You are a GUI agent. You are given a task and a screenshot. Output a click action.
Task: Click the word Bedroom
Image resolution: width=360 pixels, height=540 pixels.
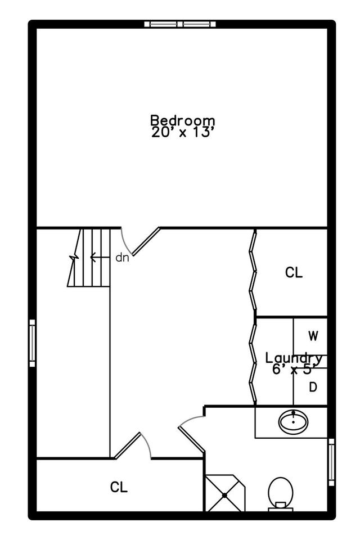click(x=183, y=120)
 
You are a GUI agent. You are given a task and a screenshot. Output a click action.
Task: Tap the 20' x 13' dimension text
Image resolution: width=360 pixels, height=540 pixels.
click(x=183, y=132)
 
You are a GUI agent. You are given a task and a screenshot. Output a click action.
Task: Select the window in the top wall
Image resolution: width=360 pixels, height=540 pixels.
click(x=180, y=24)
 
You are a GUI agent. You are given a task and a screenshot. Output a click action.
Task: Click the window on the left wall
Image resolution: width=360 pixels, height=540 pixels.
click(x=32, y=343)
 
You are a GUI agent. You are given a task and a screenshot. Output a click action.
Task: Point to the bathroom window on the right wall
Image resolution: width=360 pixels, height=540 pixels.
click(x=331, y=462)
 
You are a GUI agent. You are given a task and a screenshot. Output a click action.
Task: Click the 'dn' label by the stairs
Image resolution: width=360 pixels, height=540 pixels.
click(x=122, y=257)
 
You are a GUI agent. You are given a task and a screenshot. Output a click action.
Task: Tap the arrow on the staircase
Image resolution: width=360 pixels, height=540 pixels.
click(x=100, y=257)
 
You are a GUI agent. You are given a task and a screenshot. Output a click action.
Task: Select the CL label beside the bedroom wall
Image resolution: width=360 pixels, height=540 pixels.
click(x=294, y=273)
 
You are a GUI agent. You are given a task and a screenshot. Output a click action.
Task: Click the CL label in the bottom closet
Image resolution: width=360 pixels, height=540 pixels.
click(x=119, y=487)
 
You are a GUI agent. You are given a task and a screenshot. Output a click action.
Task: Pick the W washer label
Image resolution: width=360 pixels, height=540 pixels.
click(x=313, y=335)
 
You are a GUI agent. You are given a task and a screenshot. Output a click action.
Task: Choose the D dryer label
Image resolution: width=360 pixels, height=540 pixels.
click(x=313, y=388)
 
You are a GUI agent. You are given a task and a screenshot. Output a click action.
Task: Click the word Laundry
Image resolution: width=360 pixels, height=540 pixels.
click(x=294, y=358)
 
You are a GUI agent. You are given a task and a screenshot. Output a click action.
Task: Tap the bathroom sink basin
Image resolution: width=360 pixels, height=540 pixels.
click(x=293, y=422)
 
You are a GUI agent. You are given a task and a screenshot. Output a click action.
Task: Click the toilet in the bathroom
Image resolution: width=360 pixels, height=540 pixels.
click(x=281, y=493)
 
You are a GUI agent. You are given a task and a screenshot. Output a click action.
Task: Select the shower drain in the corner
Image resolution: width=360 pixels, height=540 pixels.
click(x=224, y=495)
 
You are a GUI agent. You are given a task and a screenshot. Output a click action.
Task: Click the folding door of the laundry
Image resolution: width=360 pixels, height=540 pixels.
click(x=254, y=362)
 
